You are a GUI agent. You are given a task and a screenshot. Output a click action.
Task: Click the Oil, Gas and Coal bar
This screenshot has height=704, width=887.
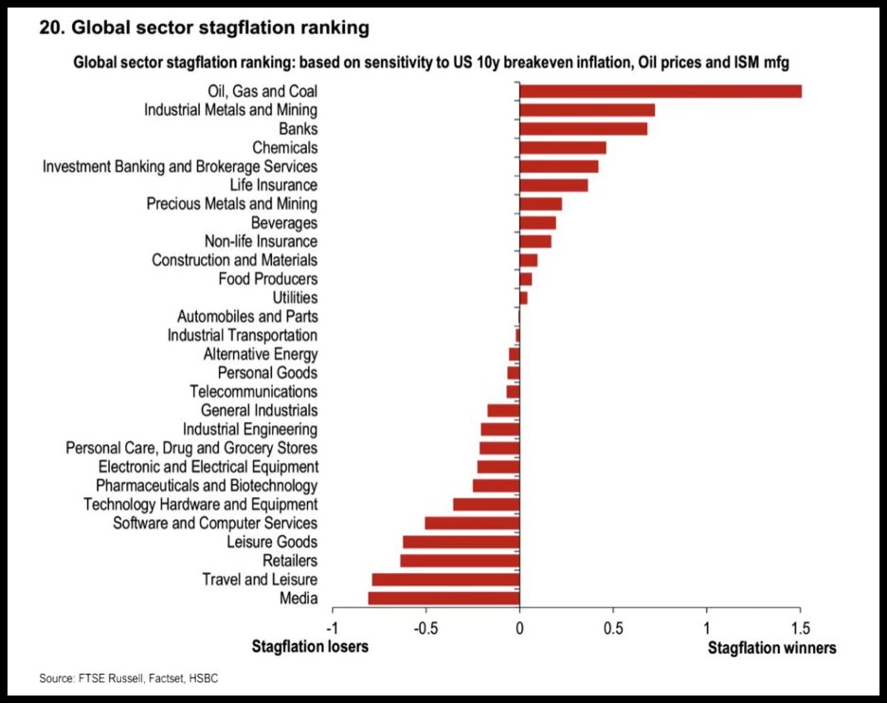[x=661, y=91]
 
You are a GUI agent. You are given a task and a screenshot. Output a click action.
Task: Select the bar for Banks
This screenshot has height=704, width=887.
[x=584, y=129]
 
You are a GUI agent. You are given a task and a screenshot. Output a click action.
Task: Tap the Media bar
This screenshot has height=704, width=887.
[x=443, y=599]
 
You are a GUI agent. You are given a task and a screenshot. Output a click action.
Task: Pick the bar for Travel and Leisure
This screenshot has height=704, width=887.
[x=445, y=580]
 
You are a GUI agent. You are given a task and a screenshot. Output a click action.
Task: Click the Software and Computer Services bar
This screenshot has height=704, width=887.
[x=472, y=523]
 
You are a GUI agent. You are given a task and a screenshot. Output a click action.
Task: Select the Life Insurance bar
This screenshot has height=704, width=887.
[x=553, y=185]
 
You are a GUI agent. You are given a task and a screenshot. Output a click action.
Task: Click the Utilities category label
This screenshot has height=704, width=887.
[x=295, y=298]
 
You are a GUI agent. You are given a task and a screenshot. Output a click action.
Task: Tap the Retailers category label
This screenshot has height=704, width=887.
[x=290, y=561]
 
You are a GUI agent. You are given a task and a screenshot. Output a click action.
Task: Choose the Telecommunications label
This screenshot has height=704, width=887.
[x=254, y=392]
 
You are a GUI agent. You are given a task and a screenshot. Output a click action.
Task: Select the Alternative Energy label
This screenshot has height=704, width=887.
[x=261, y=354]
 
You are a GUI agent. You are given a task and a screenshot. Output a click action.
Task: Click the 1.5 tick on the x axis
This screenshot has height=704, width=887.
[x=800, y=628]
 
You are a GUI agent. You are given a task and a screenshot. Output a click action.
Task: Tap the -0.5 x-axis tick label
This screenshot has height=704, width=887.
[x=425, y=628]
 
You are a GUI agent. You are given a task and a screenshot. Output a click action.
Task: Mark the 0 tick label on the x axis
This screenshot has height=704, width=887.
[x=519, y=628]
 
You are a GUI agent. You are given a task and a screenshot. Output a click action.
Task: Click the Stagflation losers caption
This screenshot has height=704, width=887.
[x=309, y=647]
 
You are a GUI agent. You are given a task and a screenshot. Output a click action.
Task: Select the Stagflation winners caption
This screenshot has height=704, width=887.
[x=772, y=648]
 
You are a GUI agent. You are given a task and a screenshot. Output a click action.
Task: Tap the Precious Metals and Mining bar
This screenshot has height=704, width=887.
[x=540, y=204]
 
